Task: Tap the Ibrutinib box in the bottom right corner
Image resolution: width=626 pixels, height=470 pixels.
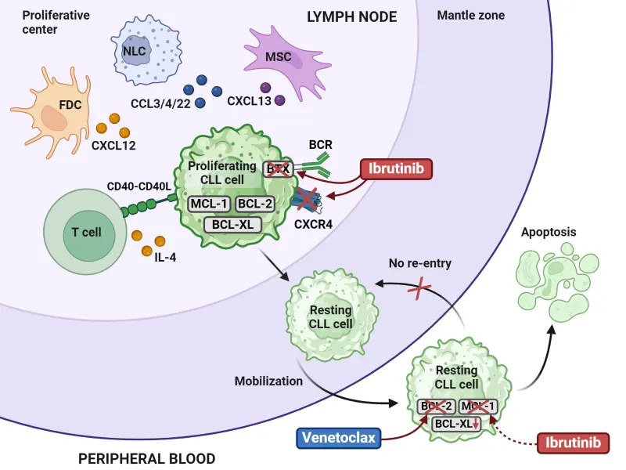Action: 574,444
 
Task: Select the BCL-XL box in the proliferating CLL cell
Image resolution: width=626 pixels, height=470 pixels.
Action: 232,224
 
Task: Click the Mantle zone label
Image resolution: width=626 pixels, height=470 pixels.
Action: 470,16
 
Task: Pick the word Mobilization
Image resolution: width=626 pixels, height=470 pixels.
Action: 268,381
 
